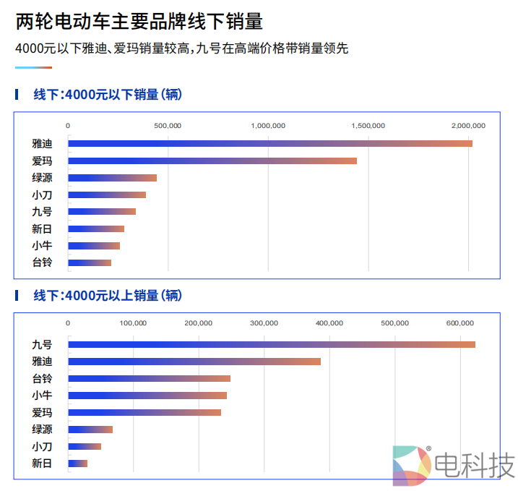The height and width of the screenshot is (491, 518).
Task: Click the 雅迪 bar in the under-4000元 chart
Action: (269, 143)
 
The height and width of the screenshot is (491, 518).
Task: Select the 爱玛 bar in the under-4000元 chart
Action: (212, 161)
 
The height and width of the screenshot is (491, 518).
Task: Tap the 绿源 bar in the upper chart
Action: (112, 178)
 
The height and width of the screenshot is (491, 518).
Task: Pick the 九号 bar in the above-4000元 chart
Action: (272, 344)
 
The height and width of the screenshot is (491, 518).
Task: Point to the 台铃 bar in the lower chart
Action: (149, 378)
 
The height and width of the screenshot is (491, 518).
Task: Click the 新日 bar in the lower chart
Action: (77, 464)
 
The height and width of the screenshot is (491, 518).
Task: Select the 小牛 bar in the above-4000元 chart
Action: (147, 396)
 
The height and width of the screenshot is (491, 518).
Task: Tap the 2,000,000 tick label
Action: (468, 126)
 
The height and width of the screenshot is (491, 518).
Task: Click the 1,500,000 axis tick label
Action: (368, 126)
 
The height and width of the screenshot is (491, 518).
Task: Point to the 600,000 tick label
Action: (460, 323)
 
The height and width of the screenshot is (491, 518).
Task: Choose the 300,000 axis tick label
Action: (264, 323)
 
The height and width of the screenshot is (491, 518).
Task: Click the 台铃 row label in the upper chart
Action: (42, 262)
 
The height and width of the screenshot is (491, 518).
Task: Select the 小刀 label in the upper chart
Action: (42, 195)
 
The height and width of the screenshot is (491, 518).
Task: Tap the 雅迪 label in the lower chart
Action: (42, 362)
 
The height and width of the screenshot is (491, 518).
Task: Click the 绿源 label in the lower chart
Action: (42, 430)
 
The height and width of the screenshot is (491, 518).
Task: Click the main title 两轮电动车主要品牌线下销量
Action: (139, 22)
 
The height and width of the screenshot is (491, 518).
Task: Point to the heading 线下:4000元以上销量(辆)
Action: (108, 295)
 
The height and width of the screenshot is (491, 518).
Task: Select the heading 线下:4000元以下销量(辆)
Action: (108, 94)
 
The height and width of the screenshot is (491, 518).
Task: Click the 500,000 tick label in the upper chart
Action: (168, 126)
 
